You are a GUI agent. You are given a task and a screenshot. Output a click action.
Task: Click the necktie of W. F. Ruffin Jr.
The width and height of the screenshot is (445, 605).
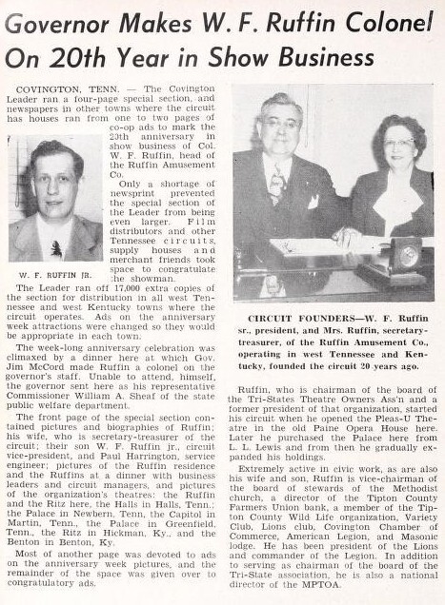click(x=56, y=246)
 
